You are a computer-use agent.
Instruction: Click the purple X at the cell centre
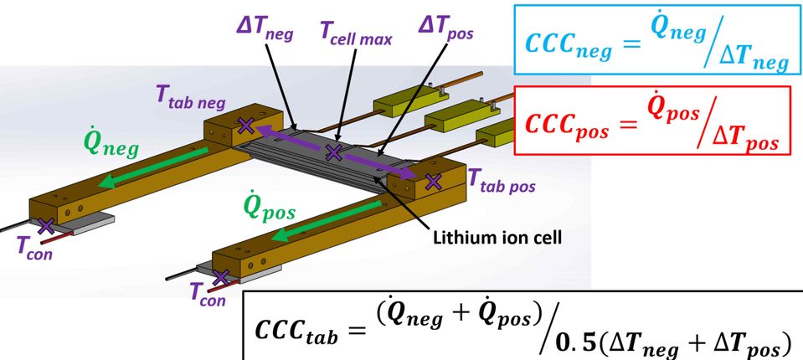(333, 152)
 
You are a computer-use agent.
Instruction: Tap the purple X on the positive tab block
(433, 180)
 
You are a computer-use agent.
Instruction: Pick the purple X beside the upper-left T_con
(45, 224)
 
